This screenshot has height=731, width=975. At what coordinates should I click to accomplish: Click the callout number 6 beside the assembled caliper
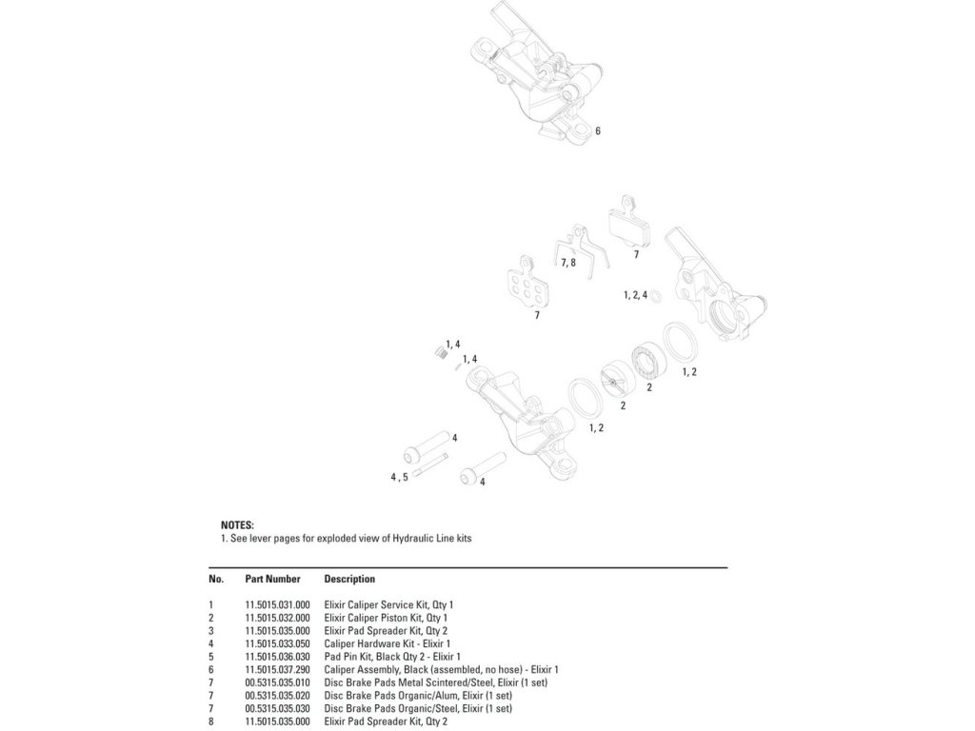point(598,131)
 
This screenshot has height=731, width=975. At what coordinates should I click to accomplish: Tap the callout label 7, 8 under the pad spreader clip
point(568,263)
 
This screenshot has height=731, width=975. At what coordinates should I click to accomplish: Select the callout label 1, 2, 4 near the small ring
point(635,295)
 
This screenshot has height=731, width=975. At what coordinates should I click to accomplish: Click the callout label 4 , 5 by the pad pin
point(399,478)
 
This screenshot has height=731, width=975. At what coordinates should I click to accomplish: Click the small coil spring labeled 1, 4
point(441,353)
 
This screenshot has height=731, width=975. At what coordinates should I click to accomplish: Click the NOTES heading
point(237,525)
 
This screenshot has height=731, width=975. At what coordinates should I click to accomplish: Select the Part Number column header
point(272,580)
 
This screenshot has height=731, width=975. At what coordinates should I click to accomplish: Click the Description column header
point(349,580)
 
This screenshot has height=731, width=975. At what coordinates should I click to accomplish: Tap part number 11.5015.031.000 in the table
point(277,604)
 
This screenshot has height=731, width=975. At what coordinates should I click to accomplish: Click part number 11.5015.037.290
point(277,670)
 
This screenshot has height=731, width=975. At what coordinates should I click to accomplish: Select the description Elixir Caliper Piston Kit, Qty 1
point(386,618)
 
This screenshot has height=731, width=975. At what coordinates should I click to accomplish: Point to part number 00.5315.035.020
point(277,696)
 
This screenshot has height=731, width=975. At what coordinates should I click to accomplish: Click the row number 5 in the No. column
point(210,657)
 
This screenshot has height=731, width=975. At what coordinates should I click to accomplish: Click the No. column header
point(216,580)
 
